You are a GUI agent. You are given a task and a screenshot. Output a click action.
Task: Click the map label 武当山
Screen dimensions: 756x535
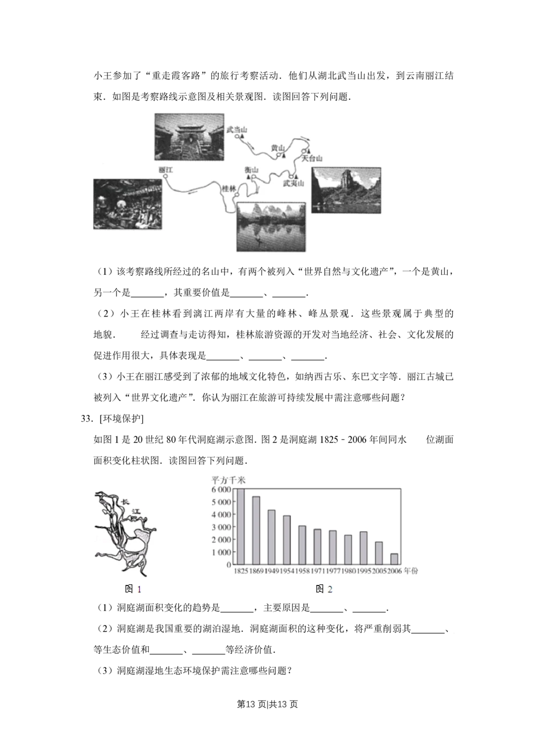point(236,129)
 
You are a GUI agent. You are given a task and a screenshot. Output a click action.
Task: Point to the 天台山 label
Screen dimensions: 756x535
point(311,159)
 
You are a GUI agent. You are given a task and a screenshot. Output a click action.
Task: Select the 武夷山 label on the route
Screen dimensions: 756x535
point(294,183)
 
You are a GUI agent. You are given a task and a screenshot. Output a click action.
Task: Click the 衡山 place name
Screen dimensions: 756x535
point(251,170)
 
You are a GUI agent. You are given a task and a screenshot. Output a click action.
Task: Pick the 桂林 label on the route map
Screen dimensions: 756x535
point(229,189)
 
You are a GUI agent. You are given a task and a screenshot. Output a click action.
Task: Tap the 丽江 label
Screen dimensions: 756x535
point(166,169)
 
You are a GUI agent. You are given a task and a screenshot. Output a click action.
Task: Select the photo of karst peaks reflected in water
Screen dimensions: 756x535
point(271,226)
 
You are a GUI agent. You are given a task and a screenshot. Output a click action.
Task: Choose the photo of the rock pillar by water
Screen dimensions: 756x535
point(346,190)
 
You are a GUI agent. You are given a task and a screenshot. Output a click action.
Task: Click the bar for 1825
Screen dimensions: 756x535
point(241,527)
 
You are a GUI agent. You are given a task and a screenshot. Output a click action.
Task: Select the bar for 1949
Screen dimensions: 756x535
point(271,537)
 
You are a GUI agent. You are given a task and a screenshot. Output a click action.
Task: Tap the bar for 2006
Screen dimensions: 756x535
point(394,559)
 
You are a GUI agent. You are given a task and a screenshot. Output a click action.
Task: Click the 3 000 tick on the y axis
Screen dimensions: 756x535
point(221,527)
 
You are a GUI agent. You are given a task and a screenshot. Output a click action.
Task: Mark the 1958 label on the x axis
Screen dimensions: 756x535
point(302,572)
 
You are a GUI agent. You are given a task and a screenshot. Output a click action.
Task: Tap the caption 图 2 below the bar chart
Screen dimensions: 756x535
point(324,589)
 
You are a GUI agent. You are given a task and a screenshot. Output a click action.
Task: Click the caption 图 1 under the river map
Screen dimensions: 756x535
point(133,589)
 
